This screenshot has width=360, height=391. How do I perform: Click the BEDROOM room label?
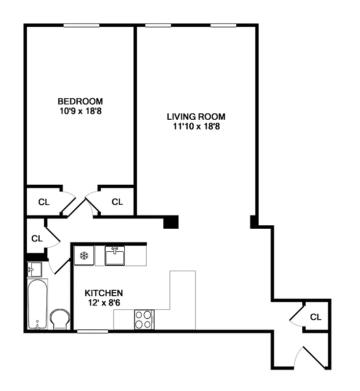pyautogui.click(x=80, y=101)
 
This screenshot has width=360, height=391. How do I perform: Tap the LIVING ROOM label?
pyautogui.click(x=196, y=117)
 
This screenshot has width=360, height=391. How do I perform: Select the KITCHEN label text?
pyautogui.click(x=104, y=293)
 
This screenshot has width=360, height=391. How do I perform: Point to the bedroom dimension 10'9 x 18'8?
pyautogui.click(x=80, y=111)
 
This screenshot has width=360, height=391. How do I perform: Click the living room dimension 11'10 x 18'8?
pyautogui.click(x=196, y=127)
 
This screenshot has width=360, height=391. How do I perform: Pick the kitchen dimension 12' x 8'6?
pyautogui.click(x=104, y=303)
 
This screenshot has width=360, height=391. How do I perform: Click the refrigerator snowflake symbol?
pyautogui.click(x=84, y=255)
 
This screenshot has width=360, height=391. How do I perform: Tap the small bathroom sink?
pyautogui.click(x=34, y=268)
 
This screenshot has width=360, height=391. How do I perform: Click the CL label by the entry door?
pyautogui.click(x=316, y=317)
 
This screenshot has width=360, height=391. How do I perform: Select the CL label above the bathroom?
pyautogui.click(x=37, y=239)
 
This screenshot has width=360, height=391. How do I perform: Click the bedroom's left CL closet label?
pyautogui.click(x=44, y=202)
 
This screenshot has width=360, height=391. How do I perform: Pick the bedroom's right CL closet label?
pyautogui.click(x=117, y=202)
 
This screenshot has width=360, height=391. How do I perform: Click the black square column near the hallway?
pyautogui.click(x=171, y=222)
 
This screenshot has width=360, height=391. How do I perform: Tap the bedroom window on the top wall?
pyautogui.click(x=81, y=25)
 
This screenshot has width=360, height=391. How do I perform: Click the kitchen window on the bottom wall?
pyautogui.click(x=92, y=331)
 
